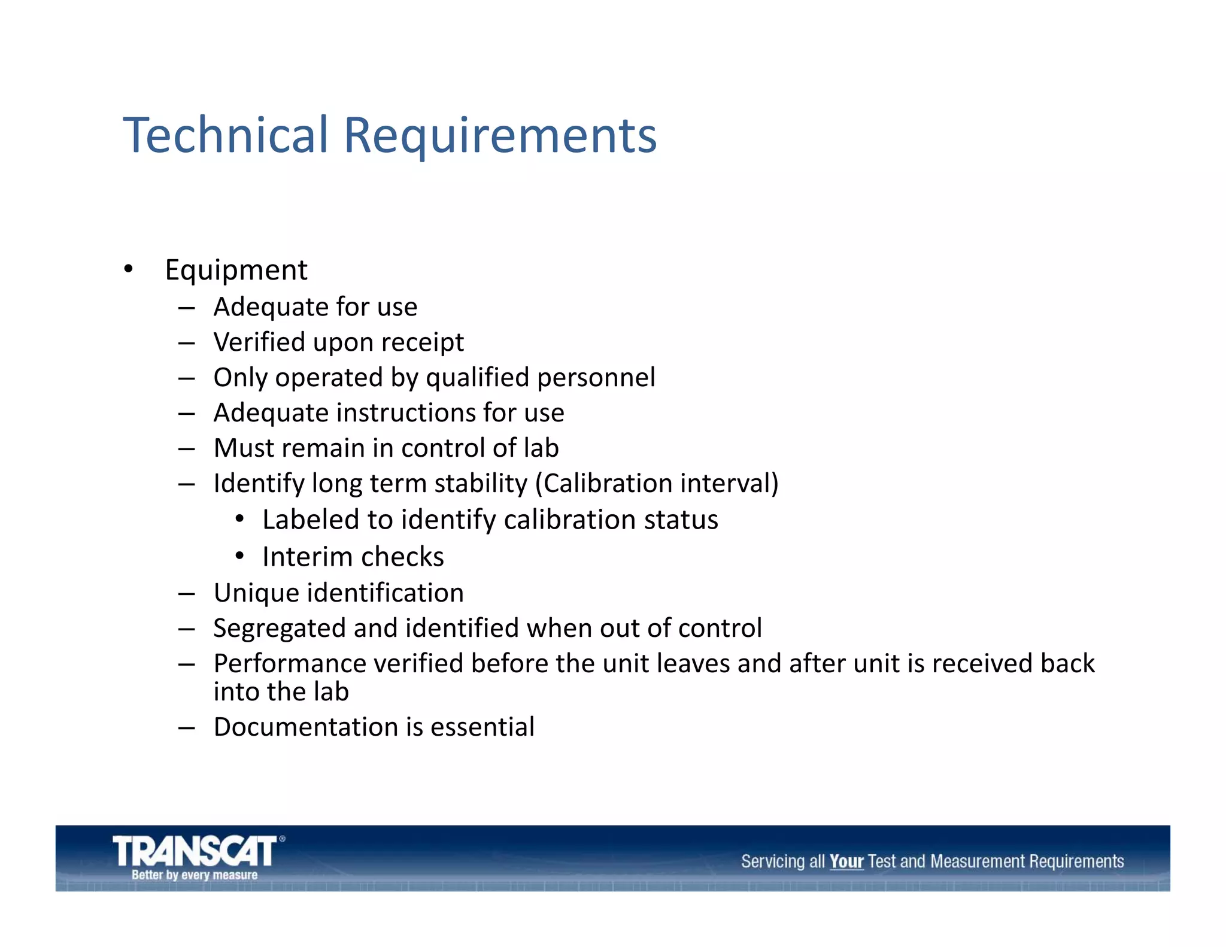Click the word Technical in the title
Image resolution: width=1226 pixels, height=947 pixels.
click(x=226, y=135)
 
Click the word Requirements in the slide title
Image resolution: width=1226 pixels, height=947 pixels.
click(x=500, y=136)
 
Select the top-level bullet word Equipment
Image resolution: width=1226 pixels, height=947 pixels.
click(x=236, y=270)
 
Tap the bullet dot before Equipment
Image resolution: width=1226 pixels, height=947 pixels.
click(x=128, y=269)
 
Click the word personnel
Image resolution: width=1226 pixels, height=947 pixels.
click(x=596, y=378)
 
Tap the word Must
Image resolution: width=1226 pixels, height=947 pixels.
click(x=244, y=448)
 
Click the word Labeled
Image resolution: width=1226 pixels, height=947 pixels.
click(x=311, y=520)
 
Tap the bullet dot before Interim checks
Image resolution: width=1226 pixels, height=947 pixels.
click(x=239, y=556)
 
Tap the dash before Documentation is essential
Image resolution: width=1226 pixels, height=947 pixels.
click(x=187, y=728)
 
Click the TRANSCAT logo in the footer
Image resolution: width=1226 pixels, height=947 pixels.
click(x=195, y=851)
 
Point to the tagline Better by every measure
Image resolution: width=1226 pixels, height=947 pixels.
click(x=195, y=875)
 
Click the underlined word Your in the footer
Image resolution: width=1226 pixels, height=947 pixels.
click(x=846, y=862)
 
